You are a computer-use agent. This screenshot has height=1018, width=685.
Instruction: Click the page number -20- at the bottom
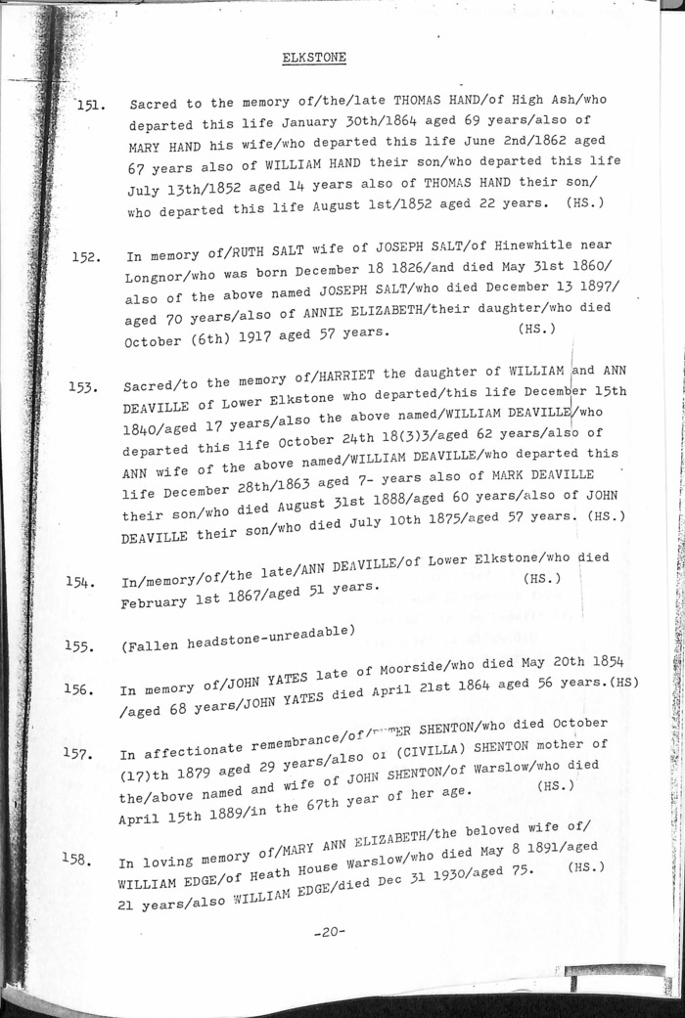click(x=330, y=931)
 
